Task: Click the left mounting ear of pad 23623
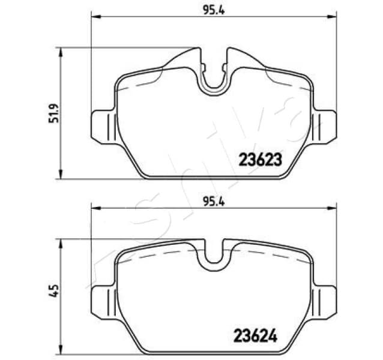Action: click(x=103, y=127)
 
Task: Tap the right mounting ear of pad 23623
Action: click(x=324, y=127)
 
